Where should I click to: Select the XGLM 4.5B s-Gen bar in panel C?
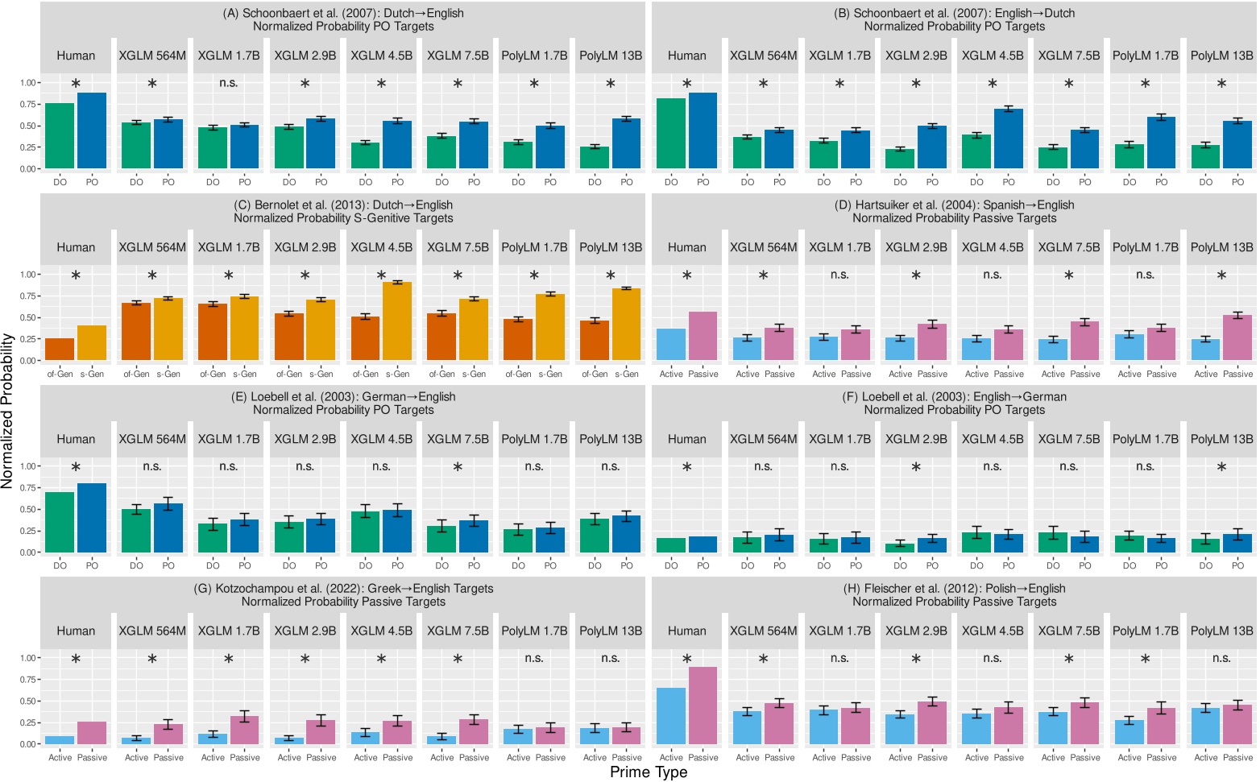397,321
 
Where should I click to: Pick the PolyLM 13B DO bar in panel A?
595,158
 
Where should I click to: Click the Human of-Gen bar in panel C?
60,350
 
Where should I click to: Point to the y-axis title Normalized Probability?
8,412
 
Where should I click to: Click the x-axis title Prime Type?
649,772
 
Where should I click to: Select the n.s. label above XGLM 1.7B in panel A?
229,83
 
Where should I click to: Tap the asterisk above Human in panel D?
687,276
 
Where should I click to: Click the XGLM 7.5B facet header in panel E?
458,439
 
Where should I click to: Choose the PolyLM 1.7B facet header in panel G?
534,631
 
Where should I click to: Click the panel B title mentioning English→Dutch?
955,19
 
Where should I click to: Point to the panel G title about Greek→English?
344,594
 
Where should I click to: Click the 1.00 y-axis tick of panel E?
28,466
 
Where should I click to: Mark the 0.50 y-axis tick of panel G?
28,701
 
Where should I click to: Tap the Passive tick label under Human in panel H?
703,757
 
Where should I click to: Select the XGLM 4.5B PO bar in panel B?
1009,139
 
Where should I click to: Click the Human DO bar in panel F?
671,545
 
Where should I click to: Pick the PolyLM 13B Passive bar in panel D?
1237,337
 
